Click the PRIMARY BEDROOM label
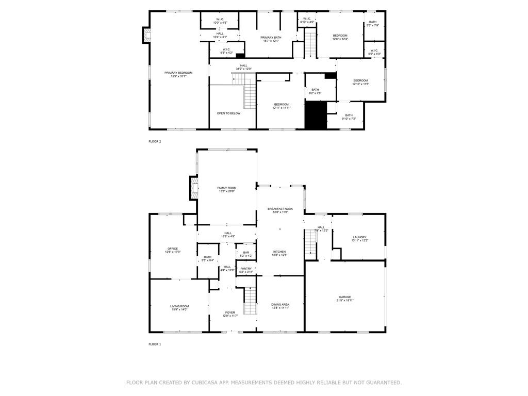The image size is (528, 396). [178, 73]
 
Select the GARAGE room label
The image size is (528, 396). [345, 297]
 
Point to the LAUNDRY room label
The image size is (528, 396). [359, 238]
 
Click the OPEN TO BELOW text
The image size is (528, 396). [228, 113]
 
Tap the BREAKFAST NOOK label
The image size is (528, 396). [280, 209]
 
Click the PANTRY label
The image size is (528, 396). [246, 269]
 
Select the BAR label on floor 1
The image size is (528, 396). [246, 253]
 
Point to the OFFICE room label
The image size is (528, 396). [172, 249]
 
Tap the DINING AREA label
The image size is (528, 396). [280, 305]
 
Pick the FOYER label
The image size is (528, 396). [229, 312]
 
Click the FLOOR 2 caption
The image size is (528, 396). [155, 141]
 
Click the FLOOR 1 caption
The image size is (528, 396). [155, 344]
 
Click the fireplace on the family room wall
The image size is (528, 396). [194, 188]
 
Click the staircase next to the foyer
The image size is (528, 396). [250, 301]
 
